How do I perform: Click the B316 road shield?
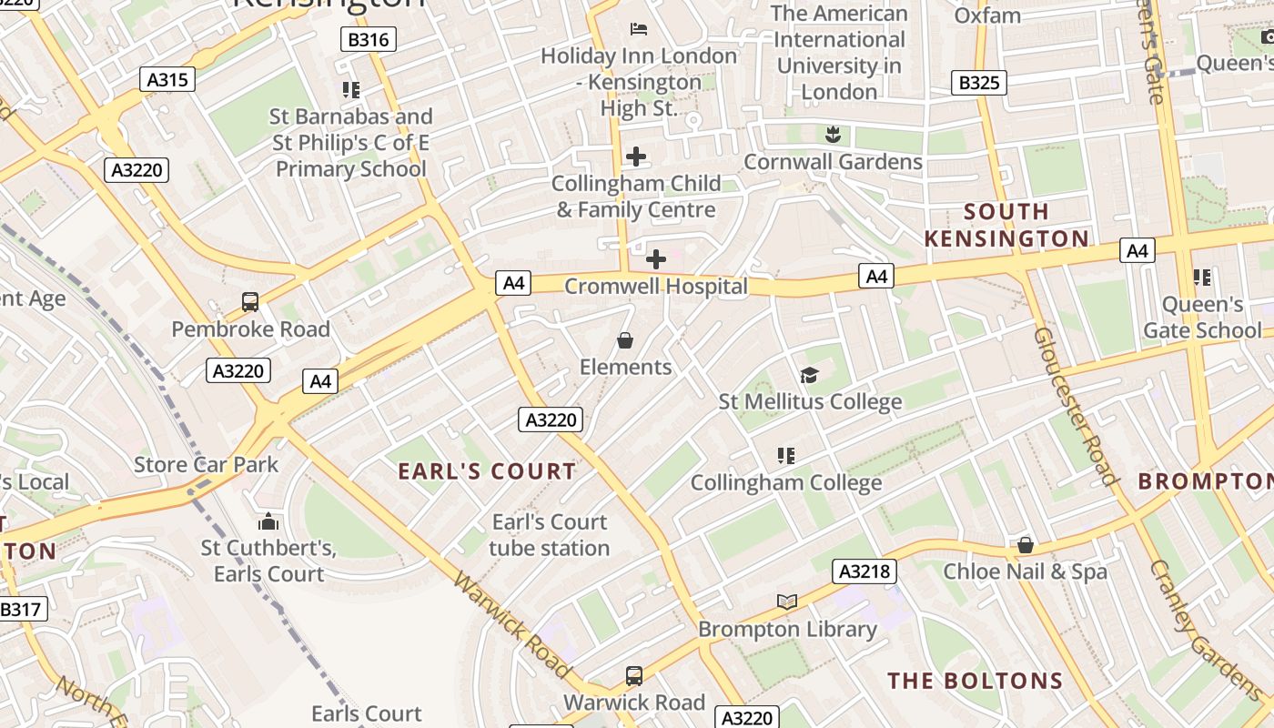(368, 39)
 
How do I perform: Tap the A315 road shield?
(168, 79)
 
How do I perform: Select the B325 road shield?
(979, 83)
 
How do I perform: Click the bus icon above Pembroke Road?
(250, 302)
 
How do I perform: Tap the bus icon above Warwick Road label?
(634, 676)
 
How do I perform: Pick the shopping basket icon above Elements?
(625, 340)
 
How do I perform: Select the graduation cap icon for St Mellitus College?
(809, 375)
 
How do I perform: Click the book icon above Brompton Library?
(787, 602)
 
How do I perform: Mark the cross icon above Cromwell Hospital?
(655, 259)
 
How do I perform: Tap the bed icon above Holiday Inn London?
(639, 29)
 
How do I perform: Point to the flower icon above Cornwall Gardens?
(832, 136)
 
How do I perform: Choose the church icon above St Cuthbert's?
(268, 521)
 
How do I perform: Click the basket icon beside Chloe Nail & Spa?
(1026, 545)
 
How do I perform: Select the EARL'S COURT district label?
(488, 471)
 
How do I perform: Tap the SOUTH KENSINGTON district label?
(1006, 226)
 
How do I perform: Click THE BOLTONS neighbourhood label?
(976, 681)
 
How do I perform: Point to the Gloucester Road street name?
(1075, 406)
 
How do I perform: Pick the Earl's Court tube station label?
(550, 535)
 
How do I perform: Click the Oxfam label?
(987, 15)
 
